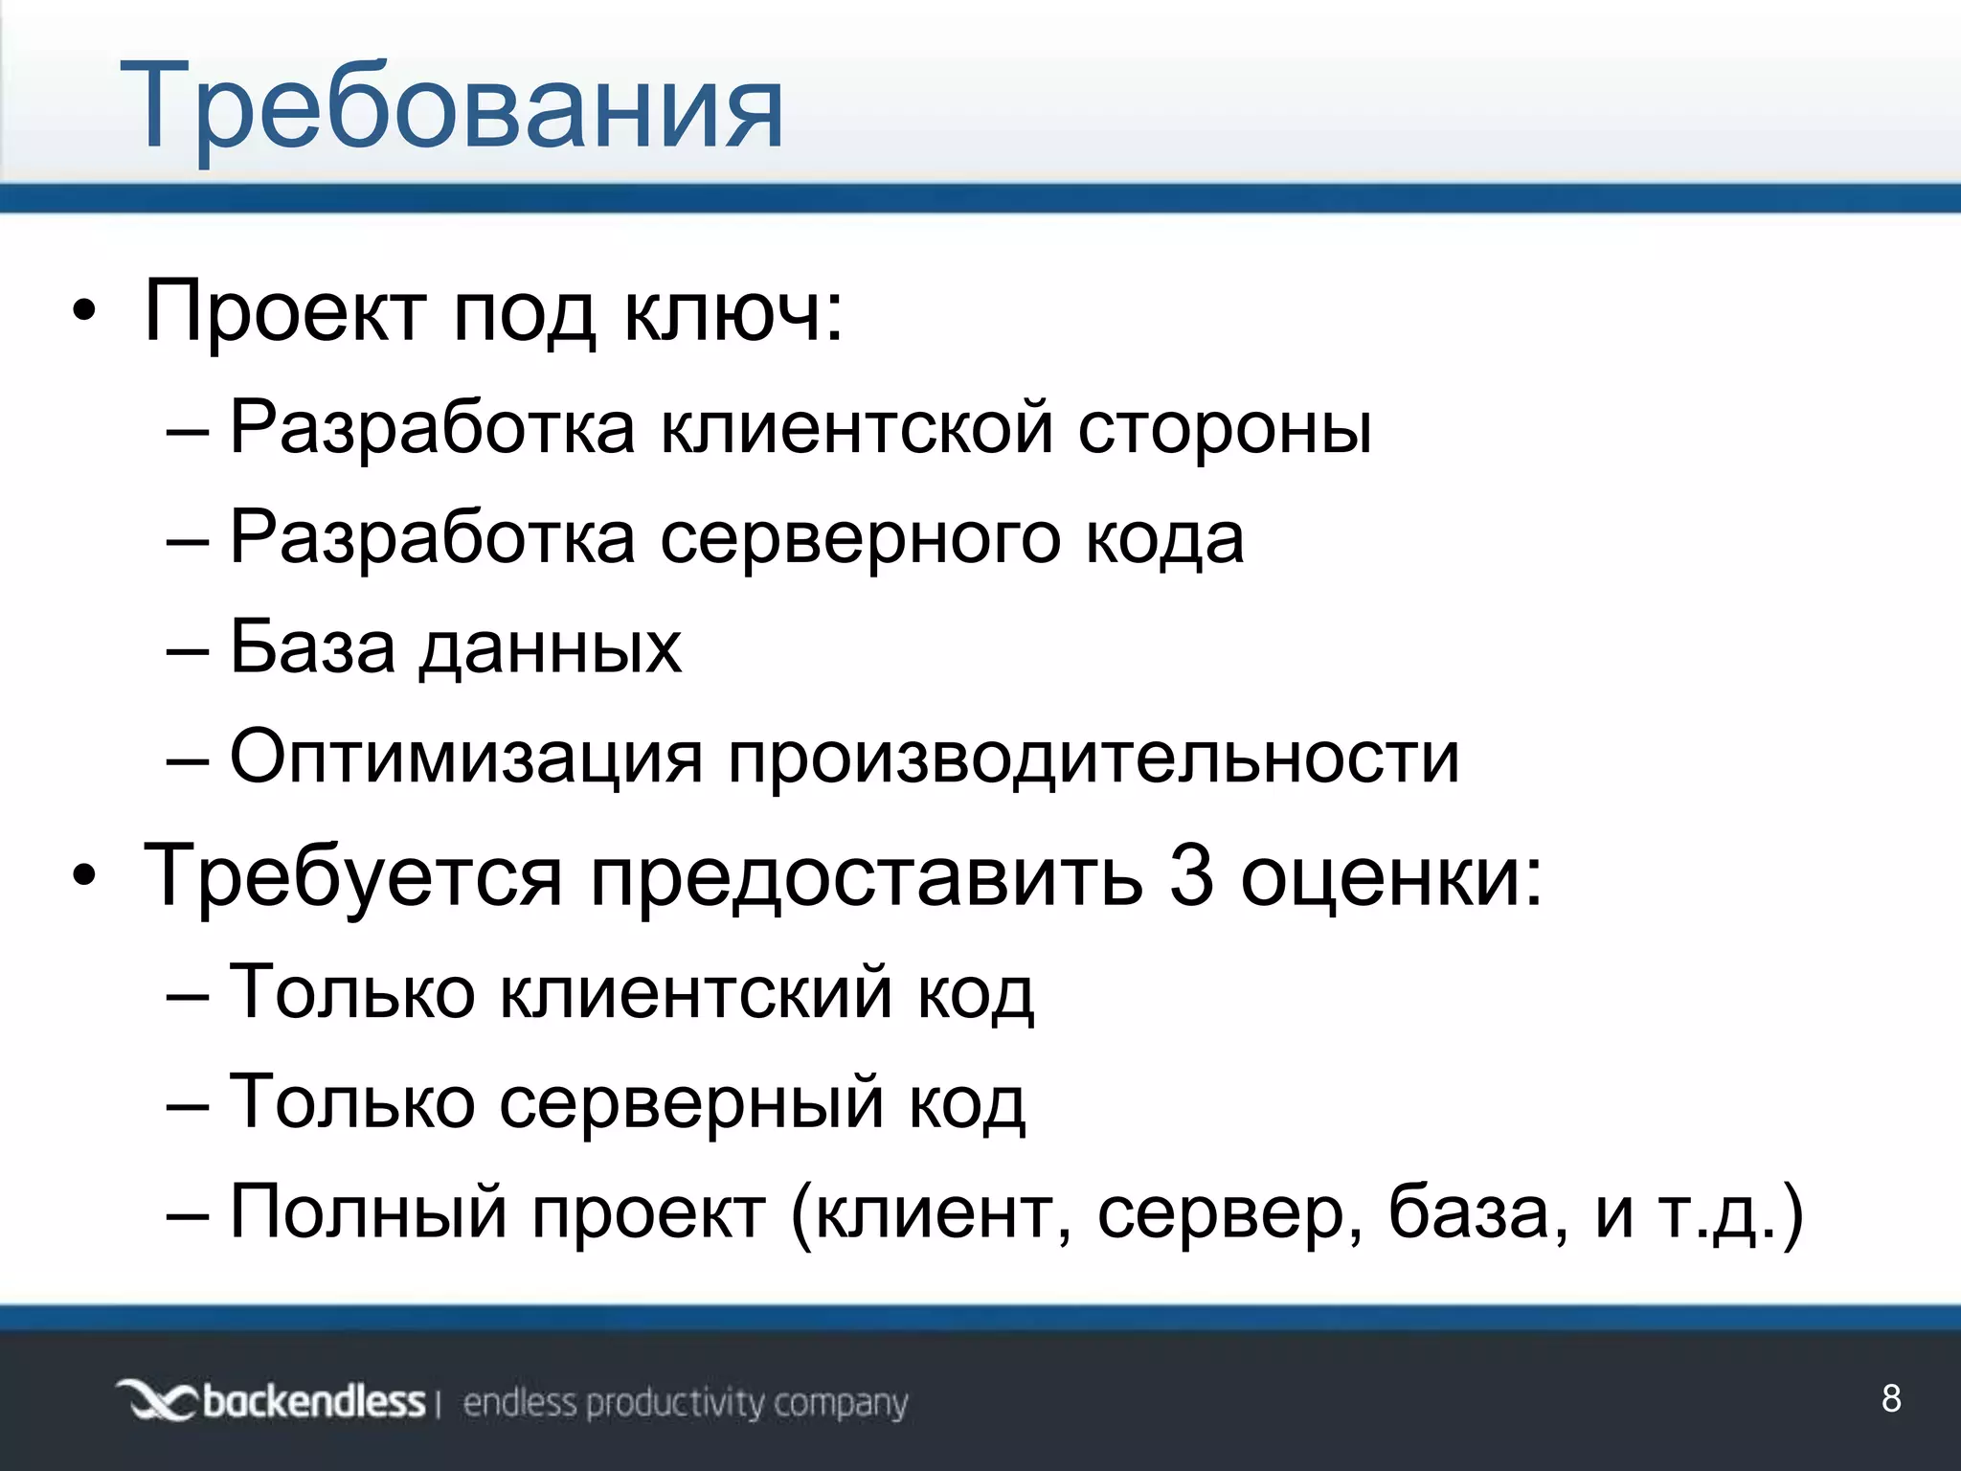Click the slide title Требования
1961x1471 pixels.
tap(451, 107)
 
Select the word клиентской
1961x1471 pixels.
tap(857, 427)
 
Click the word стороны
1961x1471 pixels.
tap(1225, 429)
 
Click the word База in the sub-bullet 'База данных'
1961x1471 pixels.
tap(312, 646)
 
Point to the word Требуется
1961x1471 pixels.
tap(352, 876)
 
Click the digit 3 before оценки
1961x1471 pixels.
tap(1191, 876)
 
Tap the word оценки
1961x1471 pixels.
tap(1390, 876)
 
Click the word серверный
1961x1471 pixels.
tap(691, 1103)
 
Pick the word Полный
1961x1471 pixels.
tap(369, 1212)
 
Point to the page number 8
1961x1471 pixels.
tap(1891, 1399)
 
